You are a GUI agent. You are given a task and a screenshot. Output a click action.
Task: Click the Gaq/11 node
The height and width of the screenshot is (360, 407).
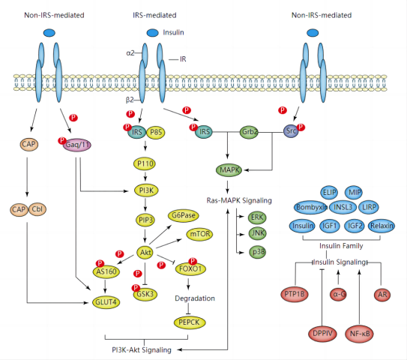coord(77,145)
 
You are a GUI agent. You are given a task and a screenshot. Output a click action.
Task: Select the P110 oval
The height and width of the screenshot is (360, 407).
coord(145,164)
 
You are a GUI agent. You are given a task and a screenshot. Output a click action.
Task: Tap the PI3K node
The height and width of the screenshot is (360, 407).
coord(146,190)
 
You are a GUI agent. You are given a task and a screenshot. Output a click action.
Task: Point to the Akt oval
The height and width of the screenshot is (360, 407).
coord(145,252)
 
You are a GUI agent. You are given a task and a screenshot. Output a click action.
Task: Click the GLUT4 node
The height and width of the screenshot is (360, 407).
coord(106,302)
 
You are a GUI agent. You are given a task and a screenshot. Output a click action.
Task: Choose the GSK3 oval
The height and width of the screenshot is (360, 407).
coord(145,294)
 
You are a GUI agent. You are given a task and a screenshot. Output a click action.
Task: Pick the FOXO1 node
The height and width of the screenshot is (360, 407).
coord(190,268)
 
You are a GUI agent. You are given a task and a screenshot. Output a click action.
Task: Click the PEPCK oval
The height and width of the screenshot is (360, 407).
coord(190,322)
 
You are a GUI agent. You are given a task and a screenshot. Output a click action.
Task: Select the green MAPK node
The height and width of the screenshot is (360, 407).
coord(229,170)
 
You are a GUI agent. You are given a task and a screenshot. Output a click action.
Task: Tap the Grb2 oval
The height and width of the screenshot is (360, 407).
coord(249,132)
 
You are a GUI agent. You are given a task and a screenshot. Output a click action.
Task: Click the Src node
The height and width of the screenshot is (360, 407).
coord(291,131)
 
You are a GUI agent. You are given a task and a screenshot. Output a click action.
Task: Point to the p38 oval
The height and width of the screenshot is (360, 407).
coord(258,252)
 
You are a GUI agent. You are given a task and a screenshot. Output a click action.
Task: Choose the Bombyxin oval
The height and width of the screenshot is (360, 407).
coord(311,207)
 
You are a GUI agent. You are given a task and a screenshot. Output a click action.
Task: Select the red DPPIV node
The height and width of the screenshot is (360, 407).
coord(322,334)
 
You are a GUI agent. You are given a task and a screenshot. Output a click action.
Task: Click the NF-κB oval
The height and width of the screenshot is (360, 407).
coord(360,334)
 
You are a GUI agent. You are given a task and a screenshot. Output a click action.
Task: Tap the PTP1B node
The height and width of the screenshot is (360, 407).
coord(295,294)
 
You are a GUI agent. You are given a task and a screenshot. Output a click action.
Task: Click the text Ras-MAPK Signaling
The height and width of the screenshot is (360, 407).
coord(239,200)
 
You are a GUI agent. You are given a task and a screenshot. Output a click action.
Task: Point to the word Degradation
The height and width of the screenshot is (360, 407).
coord(195,298)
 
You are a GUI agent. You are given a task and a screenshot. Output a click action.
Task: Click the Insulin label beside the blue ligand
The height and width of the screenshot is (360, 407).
coord(173,32)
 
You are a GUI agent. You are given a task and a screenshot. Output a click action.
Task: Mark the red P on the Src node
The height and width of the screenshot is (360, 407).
coord(301,127)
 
